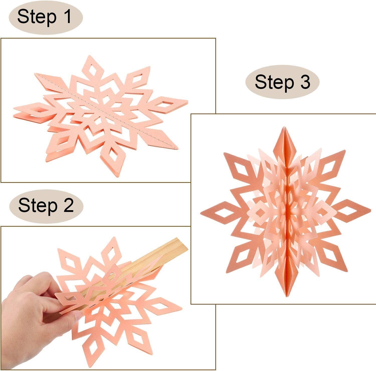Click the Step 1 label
tap(45, 17)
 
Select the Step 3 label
tap(282, 82)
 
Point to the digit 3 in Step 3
tap(305, 82)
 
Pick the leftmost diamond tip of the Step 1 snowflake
tap(28, 110)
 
